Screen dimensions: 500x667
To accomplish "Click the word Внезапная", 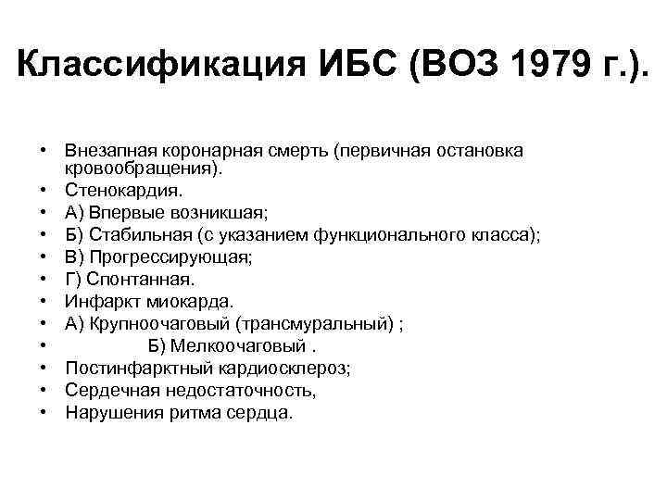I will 109,150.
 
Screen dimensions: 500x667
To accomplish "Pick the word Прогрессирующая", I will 170,257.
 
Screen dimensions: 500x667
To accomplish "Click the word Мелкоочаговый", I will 237,345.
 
